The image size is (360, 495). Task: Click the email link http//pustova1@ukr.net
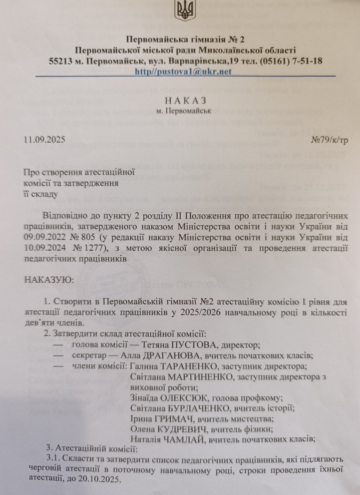(x=183, y=72)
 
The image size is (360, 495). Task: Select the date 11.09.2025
(x=45, y=140)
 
